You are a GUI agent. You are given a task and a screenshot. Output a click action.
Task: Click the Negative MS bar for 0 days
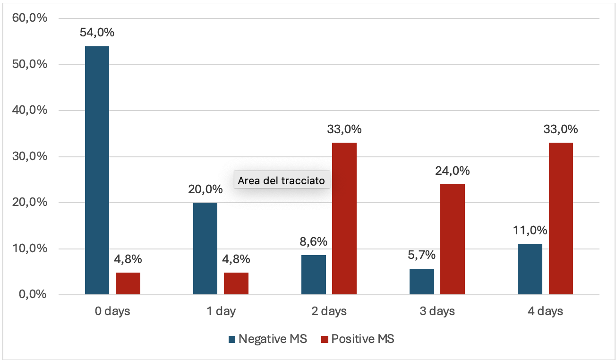(97, 170)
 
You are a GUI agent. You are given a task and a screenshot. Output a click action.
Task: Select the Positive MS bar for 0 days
(128, 283)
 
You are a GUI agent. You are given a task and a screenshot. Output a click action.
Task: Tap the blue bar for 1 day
(205, 249)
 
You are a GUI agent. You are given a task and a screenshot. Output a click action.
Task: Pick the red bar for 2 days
(344, 219)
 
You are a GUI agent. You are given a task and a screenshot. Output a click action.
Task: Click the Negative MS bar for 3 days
(421, 282)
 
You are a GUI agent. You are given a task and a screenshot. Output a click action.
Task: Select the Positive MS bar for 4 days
(561, 219)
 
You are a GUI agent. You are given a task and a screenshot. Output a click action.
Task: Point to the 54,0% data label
(97, 33)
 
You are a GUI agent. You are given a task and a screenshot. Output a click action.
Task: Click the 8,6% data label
(314, 241)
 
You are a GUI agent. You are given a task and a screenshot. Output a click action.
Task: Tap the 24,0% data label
(452, 171)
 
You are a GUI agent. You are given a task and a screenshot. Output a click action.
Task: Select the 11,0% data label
(530, 231)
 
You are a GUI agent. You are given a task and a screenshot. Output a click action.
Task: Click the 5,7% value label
(421, 255)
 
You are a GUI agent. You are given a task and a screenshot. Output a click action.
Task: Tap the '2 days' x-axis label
(329, 311)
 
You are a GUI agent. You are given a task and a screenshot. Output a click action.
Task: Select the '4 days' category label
(545, 311)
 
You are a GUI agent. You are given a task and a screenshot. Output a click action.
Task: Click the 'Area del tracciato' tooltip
(282, 180)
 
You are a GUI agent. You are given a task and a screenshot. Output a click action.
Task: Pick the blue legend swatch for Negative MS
(231, 339)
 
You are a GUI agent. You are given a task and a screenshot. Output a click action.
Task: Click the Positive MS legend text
(363, 339)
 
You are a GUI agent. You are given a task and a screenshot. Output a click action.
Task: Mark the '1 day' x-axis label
(221, 311)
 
